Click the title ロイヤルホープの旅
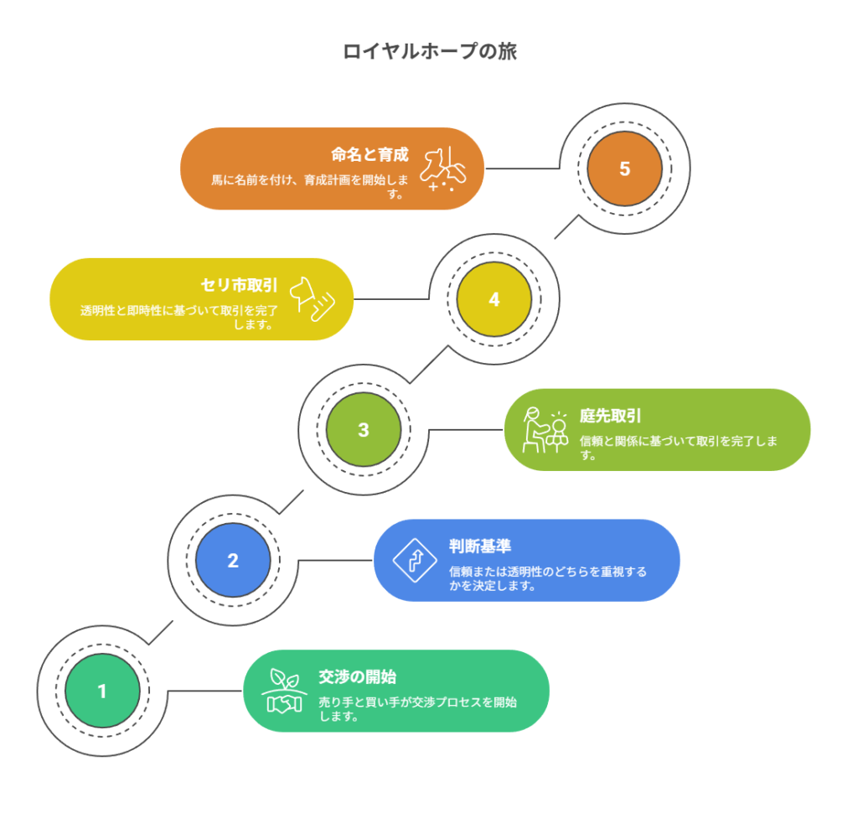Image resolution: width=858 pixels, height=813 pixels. pos(429,51)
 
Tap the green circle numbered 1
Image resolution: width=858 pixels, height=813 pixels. pos(102,691)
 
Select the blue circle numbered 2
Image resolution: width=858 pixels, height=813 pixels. pos(233,560)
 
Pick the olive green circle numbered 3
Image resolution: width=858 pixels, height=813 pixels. pos(363,430)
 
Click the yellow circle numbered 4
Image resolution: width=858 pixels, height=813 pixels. pos(494,299)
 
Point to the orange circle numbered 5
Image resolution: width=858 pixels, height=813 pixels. pos(624,168)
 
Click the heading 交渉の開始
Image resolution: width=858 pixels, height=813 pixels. pos(357,676)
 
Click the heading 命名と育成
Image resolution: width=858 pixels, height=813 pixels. pos(370,154)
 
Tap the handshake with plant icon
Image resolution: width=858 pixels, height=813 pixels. pos(284,691)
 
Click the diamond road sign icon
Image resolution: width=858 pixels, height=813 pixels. pos(414,560)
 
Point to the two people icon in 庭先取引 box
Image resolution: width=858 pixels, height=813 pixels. pos(545,429)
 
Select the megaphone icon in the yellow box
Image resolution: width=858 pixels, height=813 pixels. pos(313,299)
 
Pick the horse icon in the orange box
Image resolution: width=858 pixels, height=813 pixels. pos(442,168)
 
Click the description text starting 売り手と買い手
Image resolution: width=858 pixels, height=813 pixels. pos(417,709)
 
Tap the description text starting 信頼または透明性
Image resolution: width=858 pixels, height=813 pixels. pos(547,578)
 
